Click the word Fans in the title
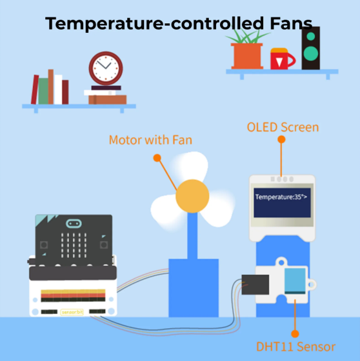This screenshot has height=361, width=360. (292, 23)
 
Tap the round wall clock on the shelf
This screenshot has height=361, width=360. (106, 68)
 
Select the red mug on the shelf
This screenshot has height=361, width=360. (283, 59)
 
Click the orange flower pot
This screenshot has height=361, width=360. (247, 56)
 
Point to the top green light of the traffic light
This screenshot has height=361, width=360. (311, 36)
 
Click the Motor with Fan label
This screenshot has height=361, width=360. (150, 140)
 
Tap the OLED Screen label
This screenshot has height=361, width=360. (283, 127)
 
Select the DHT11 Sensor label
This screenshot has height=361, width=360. (295, 347)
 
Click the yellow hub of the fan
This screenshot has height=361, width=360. (192, 196)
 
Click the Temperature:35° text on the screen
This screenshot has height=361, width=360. (279, 197)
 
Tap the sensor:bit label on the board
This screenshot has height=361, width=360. (72, 312)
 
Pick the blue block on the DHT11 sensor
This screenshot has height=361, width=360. (295, 281)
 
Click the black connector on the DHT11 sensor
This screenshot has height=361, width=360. (255, 284)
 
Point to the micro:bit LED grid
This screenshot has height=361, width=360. (74, 245)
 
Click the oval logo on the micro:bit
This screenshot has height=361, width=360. (74, 223)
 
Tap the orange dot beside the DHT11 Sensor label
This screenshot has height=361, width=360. (295, 334)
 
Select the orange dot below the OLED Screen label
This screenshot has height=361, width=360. (281, 139)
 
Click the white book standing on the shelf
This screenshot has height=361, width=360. (58, 90)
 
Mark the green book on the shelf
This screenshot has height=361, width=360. (43, 91)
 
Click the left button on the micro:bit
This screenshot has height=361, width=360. (44, 245)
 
